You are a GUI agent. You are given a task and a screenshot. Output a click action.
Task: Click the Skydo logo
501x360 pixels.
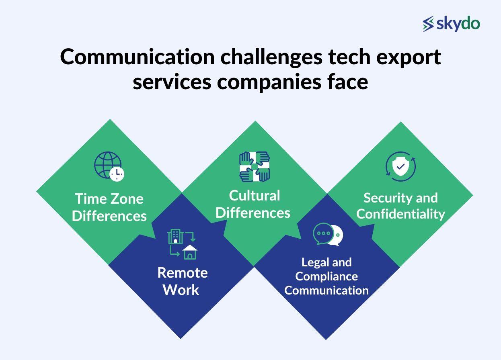[451, 24]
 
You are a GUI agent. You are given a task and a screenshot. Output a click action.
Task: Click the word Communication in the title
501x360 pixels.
[137, 57]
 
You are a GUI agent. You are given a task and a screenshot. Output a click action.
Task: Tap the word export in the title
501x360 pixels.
[408, 57]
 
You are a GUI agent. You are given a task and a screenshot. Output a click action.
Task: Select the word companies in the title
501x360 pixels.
[267, 82]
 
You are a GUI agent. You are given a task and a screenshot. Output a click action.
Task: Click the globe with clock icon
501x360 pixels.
[109, 166]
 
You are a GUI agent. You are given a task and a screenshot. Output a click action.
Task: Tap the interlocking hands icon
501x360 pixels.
[254, 166]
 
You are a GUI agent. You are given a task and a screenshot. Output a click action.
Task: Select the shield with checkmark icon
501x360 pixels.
[400, 166]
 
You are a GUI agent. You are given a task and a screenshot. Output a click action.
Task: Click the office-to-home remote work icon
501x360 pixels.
[182, 244]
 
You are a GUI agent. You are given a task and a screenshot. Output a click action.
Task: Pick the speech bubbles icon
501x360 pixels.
[328, 234]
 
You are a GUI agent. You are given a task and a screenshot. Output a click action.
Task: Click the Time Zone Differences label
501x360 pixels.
[109, 207]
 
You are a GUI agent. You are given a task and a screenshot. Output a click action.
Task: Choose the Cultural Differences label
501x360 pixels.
[253, 204]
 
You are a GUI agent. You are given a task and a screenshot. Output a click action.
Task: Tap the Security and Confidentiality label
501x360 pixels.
[400, 206]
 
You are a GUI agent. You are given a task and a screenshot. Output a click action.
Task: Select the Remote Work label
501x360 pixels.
[182, 281]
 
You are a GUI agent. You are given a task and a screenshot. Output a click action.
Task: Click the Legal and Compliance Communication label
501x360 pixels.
[326, 276]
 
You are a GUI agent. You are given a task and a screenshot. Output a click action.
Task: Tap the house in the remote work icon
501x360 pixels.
[189, 252]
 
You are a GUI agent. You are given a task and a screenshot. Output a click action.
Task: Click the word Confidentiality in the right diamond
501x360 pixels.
[400, 214]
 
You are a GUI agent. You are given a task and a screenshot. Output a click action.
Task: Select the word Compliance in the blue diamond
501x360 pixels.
[326, 276]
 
